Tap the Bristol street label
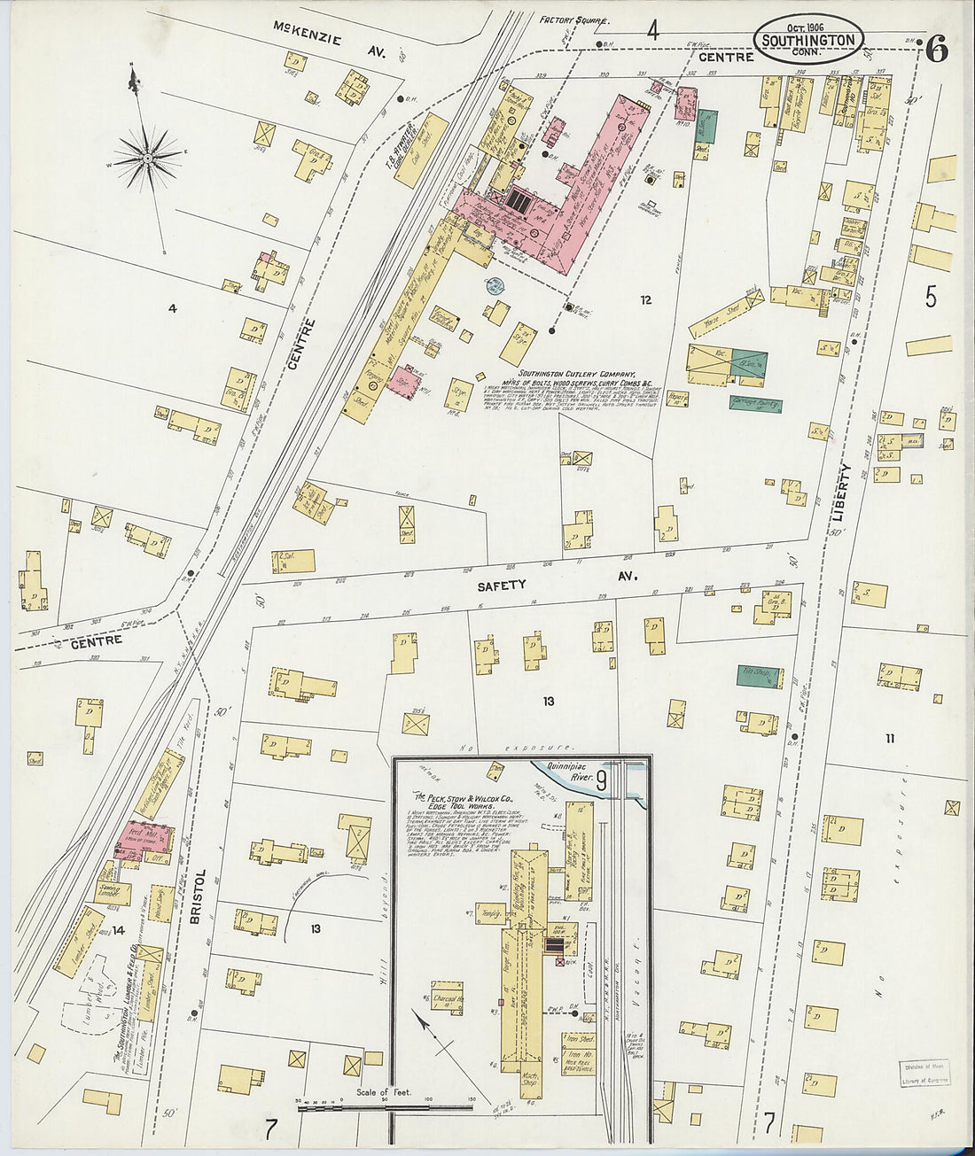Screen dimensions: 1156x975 (199, 896)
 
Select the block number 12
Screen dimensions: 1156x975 (645, 300)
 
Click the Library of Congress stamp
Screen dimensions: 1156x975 (925, 1074)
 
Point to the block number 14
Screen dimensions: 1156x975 (118, 930)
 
